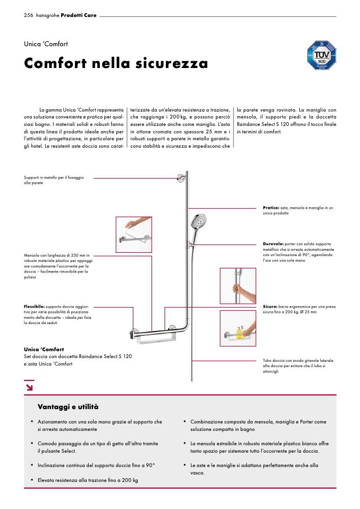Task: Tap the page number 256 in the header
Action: tap(29, 15)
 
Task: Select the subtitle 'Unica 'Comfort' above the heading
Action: tap(46, 44)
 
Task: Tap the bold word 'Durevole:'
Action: tap(273, 244)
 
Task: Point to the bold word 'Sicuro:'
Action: tap(270, 307)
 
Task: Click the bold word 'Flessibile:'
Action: tap(34, 307)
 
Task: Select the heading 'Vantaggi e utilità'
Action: tap(68, 407)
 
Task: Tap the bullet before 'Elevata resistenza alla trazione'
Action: tap(32, 479)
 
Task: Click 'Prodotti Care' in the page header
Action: tap(79, 15)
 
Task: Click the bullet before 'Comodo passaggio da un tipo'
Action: tap(32, 443)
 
